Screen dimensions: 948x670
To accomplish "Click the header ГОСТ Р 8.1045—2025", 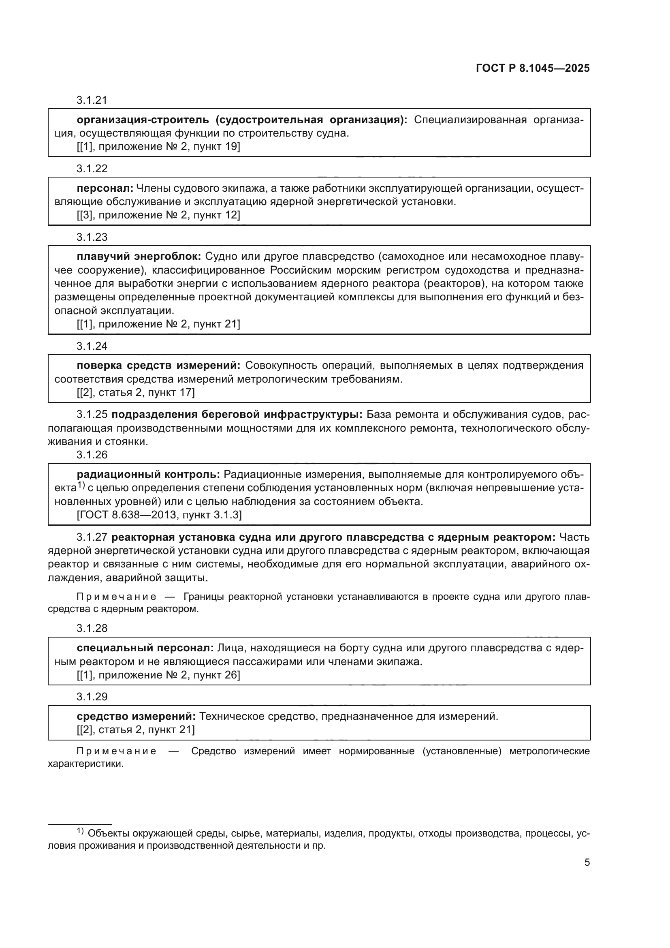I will (533, 68).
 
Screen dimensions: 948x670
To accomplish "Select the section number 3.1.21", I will (92, 100).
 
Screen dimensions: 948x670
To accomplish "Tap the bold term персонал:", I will (105, 188).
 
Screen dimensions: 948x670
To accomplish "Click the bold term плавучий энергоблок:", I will (139, 257).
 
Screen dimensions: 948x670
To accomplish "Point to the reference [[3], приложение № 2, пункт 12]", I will (158, 215).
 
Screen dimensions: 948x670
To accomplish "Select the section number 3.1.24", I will (92, 346).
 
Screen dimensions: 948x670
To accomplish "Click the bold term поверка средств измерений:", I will (158, 366).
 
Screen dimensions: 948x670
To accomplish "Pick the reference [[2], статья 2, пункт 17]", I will (136, 392).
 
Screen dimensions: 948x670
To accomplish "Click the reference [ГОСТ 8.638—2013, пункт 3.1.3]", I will (159, 515).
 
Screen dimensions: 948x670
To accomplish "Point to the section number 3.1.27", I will (92, 537).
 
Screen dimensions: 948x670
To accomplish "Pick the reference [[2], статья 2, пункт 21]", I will (136, 730).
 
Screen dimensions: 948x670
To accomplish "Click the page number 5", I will (587, 862).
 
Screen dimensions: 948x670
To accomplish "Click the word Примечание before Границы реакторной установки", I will (116, 597).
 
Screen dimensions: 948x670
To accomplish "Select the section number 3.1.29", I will (92, 697).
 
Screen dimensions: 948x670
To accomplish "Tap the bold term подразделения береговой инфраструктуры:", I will (237, 414).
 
